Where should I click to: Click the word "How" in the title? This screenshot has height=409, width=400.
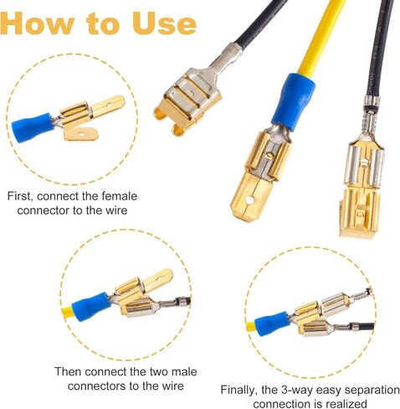click(37, 23)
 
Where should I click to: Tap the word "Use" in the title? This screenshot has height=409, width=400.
click(164, 23)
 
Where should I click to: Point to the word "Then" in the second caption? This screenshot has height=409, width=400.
click(69, 371)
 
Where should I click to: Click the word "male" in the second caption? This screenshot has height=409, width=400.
click(184, 371)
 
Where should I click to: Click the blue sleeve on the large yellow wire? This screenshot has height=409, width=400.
click(294, 103)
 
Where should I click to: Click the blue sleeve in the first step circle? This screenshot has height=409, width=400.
click(33, 127)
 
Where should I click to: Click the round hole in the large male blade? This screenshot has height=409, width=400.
click(249, 200)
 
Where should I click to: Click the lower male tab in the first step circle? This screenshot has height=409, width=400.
click(80, 134)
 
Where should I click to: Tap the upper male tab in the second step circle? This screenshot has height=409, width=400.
click(157, 280)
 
